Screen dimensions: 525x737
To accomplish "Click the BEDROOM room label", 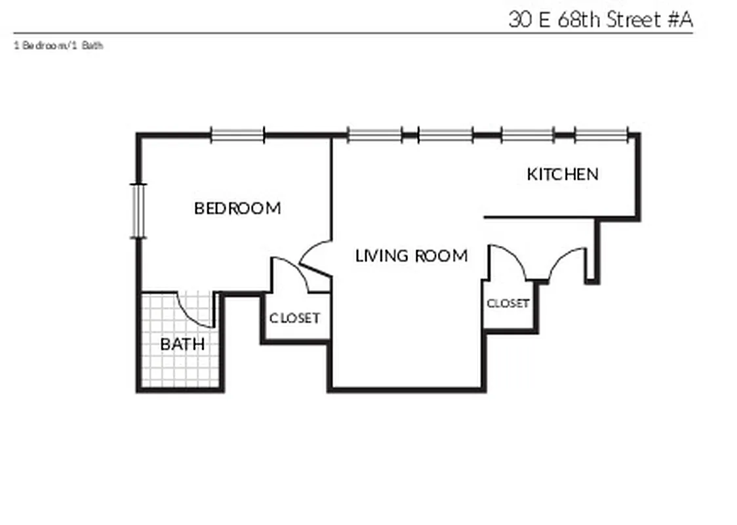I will pyautogui.click(x=237, y=209).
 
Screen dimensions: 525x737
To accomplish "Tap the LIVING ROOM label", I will pyautogui.click(x=411, y=256).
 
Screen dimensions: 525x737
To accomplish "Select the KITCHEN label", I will pyautogui.click(x=563, y=175).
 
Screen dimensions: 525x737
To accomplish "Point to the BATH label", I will pyautogui.click(x=182, y=345).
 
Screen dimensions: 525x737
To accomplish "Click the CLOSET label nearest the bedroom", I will pyautogui.click(x=295, y=318).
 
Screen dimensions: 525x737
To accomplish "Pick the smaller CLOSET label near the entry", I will pyautogui.click(x=508, y=304).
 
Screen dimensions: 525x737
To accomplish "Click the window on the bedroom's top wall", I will pyautogui.click(x=237, y=136).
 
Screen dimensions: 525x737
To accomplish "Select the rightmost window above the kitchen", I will pyautogui.click(x=601, y=136).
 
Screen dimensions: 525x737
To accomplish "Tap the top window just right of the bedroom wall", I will pyautogui.click(x=374, y=136).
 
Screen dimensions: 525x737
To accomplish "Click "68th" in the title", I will pyautogui.click(x=580, y=19).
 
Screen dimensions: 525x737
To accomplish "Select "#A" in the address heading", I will pyautogui.click(x=680, y=19).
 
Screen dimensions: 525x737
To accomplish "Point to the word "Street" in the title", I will pyautogui.click(x=634, y=19).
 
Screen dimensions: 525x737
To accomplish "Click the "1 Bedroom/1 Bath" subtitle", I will pyautogui.click(x=58, y=46).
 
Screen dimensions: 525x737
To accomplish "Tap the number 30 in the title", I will pyautogui.click(x=519, y=19).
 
